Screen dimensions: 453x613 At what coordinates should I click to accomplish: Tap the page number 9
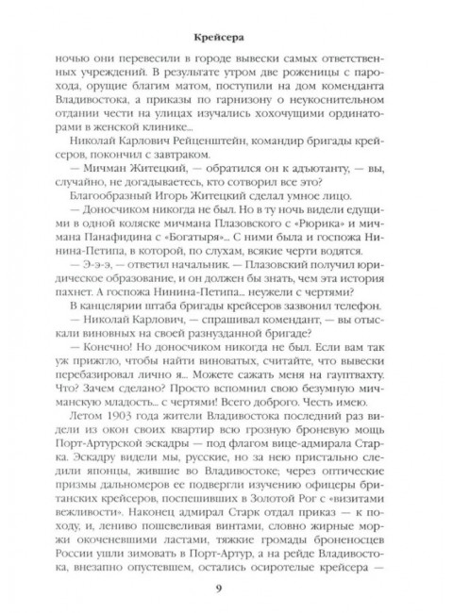pos(226,594)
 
